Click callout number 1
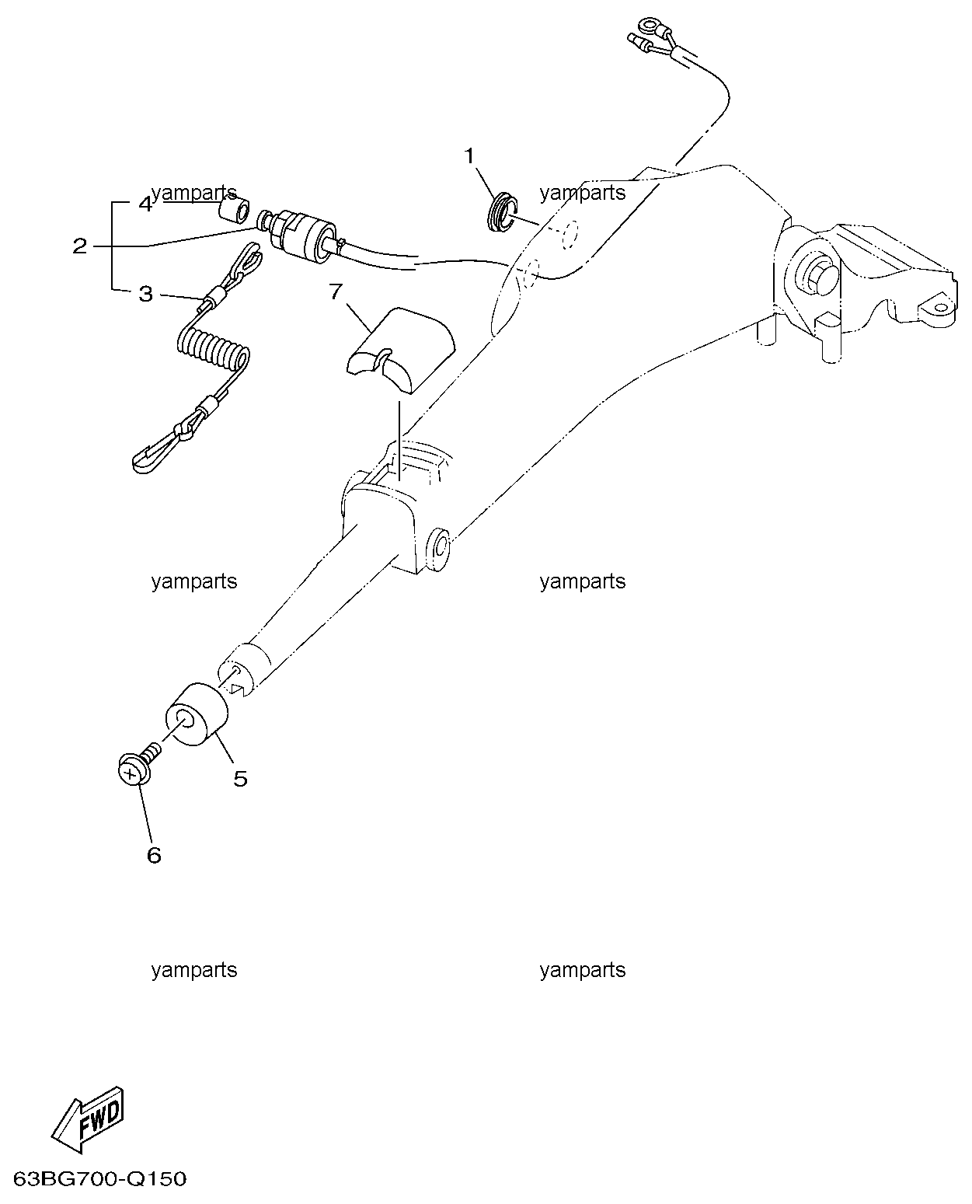pyautogui.click(x=469, y=156)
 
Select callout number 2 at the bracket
pyautogui.click(x=80, y=246)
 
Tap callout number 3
pyautogui.click(x=146, y=294)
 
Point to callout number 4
pyautogui.click(x=146, y=204)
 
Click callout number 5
pyautogui.click(x=240, y=779)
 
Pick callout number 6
pyautogui.click(x=154, y=855)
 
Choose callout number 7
pyautogui.click(x=336, y=291)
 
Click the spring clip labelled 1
pyautogui.click(x=502, y=212)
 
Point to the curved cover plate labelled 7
pyautogui.click(x=400, y=350)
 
